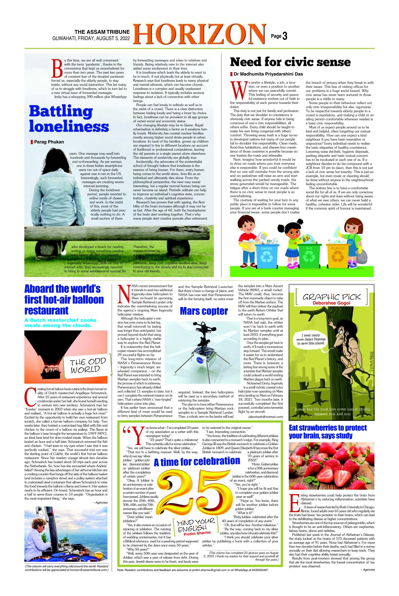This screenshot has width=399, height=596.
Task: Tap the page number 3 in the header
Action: click(x=285, y=36)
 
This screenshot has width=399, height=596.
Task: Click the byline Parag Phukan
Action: click(x=49, y=142)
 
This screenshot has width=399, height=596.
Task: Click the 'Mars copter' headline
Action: click(x=204, y=311)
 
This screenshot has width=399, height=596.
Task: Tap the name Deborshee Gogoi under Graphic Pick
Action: click(x=331, y=303)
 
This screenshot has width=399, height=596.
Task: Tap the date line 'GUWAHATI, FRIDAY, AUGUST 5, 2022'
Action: click(x=91, y=39)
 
